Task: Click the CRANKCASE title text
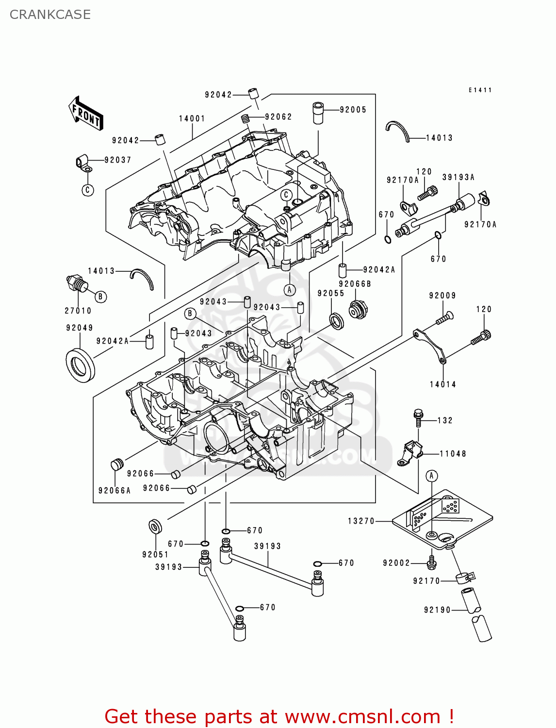[50, 15]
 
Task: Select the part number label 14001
[192, 118]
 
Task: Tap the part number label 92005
[353, 110]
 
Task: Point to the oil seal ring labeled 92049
[80, 365]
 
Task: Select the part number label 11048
[453, 454]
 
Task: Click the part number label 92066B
[355, 284]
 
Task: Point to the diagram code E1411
[480, 90]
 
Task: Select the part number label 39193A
[458, 177]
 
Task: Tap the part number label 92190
[437, 610]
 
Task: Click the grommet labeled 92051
[155, 527]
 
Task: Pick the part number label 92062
[278, 117]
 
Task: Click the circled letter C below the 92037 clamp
[87, 190]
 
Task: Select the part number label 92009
[442, 295]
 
